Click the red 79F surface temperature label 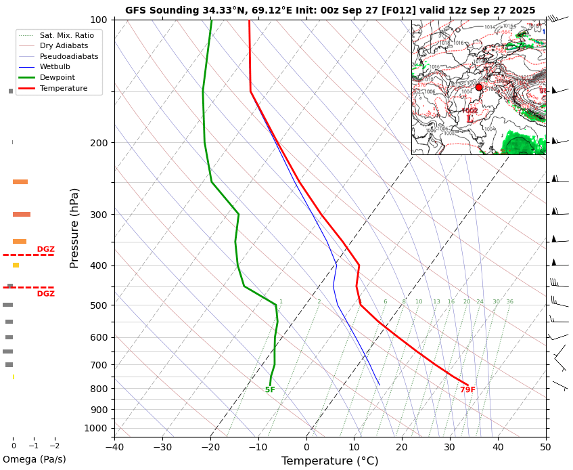click(467, 390)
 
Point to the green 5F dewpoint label click(270, 390)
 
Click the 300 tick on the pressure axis click(98, 215)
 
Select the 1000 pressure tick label click(95, 428)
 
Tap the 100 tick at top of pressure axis click(98, 20)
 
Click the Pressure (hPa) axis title click(75, 228)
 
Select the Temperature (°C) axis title click(329, 461)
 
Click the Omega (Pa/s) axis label click(34, 460)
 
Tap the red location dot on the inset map click(479, 87)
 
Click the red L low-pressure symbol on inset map click(469, 119)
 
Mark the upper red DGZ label click(45, 249)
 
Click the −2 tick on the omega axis click(55, 446)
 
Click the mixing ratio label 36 click(509, 302)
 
